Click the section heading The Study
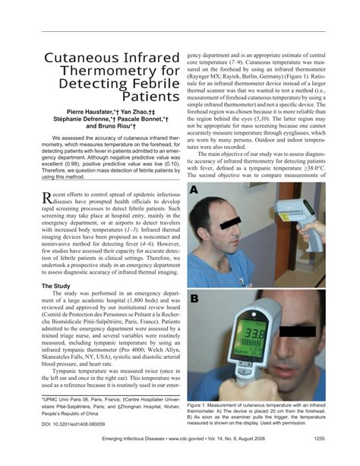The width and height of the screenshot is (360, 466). coord(55,286)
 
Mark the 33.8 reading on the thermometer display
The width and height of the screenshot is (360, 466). coord(254,335)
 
